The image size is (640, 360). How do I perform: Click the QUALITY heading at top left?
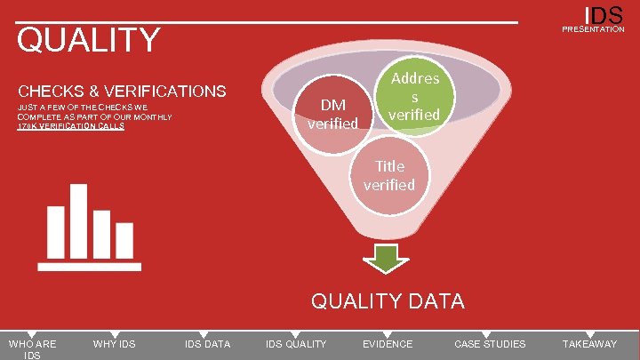[x=89, y=40]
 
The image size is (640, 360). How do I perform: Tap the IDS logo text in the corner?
[x=604, y=15]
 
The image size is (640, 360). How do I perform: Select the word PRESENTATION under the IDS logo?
[x=593, y=29]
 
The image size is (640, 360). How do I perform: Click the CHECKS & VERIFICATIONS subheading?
[x=123, y=91]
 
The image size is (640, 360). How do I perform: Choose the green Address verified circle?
[x=414, y=97]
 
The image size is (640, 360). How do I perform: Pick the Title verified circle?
[x=389, y=174]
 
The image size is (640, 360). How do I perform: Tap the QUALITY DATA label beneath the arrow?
[x=387, y=301]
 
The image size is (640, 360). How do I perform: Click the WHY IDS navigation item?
[x=114, y=344]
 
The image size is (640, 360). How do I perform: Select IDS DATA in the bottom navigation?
[x=207, y=344]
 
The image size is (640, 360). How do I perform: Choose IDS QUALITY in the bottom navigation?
[x=296, y=344]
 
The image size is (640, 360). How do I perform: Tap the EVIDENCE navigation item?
[x=388, y=344]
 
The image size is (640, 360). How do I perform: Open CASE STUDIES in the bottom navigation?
[x=490, y=344]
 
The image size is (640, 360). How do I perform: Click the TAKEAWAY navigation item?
[x=589, y=344]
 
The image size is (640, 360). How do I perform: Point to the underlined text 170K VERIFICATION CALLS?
[x=71, y=126]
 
